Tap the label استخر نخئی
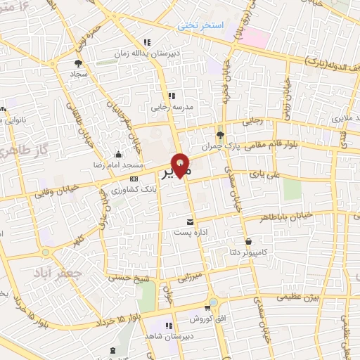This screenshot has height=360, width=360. click(x=200, y=26)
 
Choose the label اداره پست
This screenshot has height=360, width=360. click(x=189, y=232)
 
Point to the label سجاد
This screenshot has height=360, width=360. click(x=77, y=73)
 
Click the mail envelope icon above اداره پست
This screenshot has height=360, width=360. click(x=190, y=221)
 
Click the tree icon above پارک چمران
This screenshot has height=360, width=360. click(x=221, y=134)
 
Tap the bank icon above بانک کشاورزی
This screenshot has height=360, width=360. click(x=133, y=179)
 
